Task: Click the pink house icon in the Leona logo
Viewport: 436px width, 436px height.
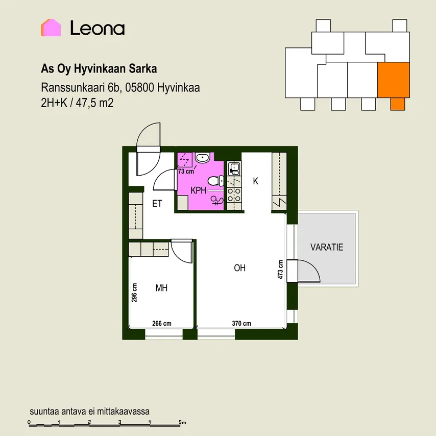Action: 51,28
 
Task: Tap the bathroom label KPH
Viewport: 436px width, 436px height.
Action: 198,190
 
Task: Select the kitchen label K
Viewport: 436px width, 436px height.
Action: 256,181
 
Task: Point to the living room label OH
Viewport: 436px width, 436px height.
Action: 239,268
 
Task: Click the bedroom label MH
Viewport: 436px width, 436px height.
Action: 161,288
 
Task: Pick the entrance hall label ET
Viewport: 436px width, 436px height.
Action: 157,204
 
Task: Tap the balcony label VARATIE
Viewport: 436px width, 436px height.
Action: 327,247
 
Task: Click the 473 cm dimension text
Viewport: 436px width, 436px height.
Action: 280,270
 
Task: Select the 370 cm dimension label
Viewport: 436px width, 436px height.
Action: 241,323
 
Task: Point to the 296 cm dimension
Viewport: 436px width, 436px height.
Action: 134,293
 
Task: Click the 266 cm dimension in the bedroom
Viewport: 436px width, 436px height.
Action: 161,323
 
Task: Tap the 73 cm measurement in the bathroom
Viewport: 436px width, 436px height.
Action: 186,172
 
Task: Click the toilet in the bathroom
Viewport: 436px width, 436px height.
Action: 216,181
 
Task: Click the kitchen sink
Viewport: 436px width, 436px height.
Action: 234,169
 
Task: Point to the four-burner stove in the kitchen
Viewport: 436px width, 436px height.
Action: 234,195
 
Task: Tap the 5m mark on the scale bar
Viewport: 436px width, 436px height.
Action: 182,422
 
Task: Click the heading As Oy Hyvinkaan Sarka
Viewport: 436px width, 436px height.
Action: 99,69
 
